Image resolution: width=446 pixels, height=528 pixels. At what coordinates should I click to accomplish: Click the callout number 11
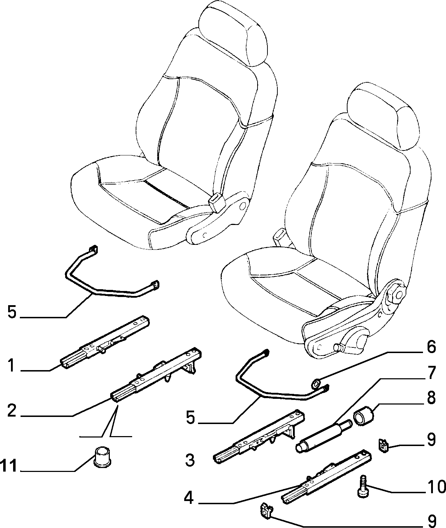click(9, 466)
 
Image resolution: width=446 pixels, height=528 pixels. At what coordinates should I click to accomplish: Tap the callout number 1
click(12, 365)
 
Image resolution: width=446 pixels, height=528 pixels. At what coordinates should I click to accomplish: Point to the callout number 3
click(190, 460)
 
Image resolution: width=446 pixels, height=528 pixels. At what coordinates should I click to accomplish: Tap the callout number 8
click(431, 398)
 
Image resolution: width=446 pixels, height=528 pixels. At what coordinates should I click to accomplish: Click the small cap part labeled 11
click(103, 457)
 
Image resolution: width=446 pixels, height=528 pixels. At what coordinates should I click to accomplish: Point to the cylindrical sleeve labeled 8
click(364, 416)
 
